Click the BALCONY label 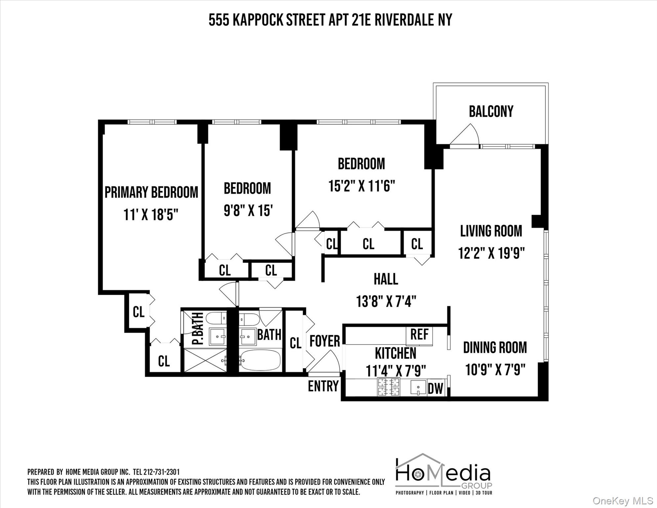(491, 111)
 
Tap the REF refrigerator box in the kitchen (419, 334)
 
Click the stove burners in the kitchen (388, 387)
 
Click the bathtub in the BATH (260, 360)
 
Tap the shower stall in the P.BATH (205, 360)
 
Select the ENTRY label (323, 386)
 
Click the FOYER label (325, 341)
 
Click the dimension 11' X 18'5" (151, 215)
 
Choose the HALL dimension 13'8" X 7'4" (386, 301)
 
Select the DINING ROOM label (495, 348)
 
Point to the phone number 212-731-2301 (161, 472)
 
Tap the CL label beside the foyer (295, 343)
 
